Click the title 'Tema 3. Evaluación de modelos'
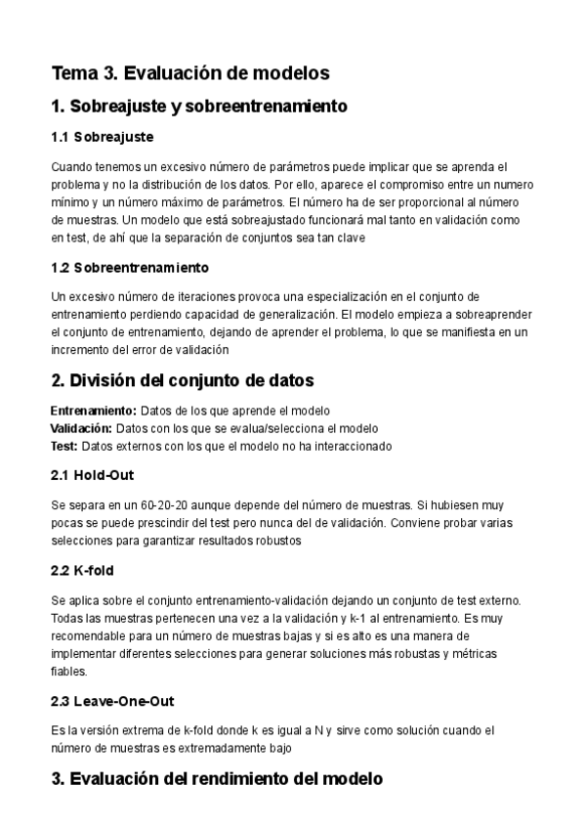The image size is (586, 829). (x=189, y=72)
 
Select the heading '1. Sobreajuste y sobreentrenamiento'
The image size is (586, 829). (x=199, y=106)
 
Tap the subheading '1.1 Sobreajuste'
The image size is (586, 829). (x=102, y=137)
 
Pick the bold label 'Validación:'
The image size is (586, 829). (x=81, y=428)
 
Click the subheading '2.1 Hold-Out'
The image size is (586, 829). (x=92, y=475)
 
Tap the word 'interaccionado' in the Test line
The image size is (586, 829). (x=354, y=445)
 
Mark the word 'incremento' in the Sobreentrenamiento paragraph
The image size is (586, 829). (x=80, y=349)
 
